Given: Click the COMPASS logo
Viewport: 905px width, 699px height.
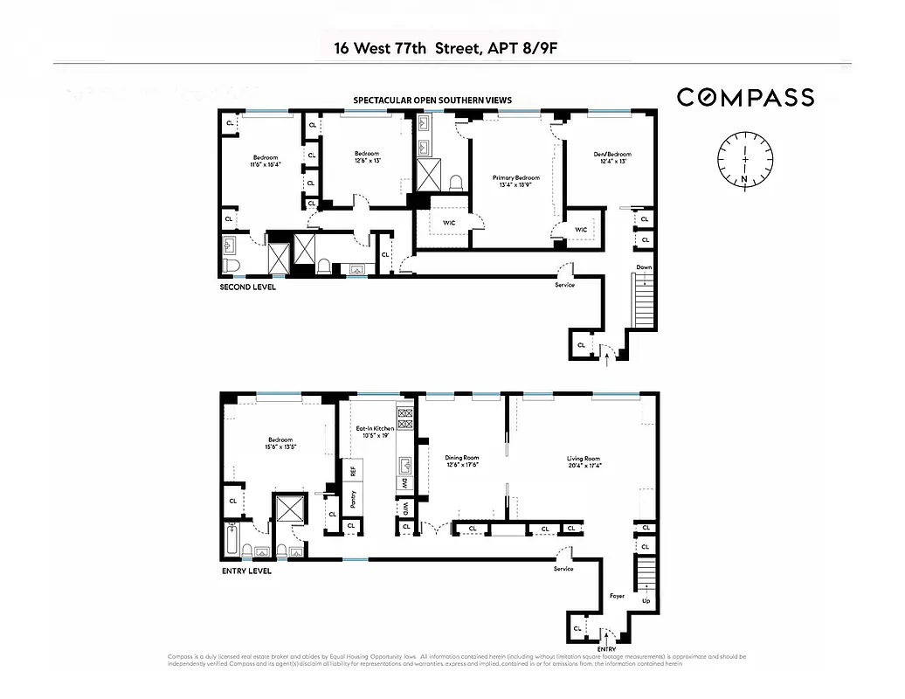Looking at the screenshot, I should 745,97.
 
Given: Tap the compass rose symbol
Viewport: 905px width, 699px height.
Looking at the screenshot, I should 745,158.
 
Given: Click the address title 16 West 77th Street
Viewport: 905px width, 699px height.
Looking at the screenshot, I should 446,47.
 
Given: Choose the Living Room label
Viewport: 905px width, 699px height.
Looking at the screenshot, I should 583,461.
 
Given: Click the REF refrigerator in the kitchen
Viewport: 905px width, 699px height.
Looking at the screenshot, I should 353,471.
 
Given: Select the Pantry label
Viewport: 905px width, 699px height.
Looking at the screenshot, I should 353,500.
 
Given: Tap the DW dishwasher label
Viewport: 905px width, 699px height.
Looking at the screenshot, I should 405,484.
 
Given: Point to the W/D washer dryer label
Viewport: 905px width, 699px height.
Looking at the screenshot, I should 405,508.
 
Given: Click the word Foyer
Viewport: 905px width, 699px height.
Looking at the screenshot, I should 617,596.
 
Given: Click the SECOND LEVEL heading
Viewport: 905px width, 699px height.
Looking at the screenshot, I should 247,287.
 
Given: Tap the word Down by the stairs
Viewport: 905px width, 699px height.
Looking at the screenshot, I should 644,267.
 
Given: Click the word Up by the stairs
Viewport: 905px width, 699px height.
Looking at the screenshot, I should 646,602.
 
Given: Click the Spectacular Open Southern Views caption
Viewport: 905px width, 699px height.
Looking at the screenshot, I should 432,100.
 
